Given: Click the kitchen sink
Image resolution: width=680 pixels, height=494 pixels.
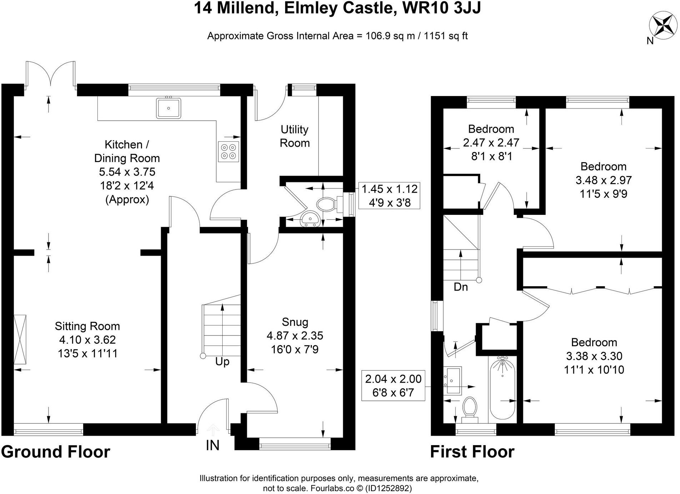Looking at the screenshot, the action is click(x=168, y=107).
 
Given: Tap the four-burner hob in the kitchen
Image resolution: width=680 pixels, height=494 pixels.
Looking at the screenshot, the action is click(x=228, y=151).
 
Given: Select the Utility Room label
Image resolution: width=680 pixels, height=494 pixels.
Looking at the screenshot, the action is click(x=294, y=136).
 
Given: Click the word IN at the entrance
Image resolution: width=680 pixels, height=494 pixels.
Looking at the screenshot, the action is click(x=213, y=445).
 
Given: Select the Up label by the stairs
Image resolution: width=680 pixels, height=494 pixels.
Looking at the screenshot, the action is click(x=222, y=362).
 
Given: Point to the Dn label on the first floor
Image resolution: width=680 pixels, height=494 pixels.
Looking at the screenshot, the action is click(x=461, y=287).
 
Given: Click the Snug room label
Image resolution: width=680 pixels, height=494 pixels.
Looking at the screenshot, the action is click(x=295, y=322).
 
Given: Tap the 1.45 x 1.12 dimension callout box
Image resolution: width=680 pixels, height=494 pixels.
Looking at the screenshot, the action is click(x=389, y=196).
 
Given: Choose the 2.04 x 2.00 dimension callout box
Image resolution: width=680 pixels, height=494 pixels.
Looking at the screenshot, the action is click(x=393, y=385).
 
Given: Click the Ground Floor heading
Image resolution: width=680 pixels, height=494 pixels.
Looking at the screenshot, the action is click(x=56, y=452).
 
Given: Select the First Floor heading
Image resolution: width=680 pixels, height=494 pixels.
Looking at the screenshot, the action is click(x=472, y=452).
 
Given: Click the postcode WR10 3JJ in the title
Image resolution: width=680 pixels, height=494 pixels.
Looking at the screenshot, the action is click(x=441, y=8).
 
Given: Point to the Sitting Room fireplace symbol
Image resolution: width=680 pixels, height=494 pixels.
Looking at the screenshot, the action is click(x=20, y=339).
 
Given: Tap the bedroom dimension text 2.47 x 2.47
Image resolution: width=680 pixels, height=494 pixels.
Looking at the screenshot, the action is click(x=491, y=143).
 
